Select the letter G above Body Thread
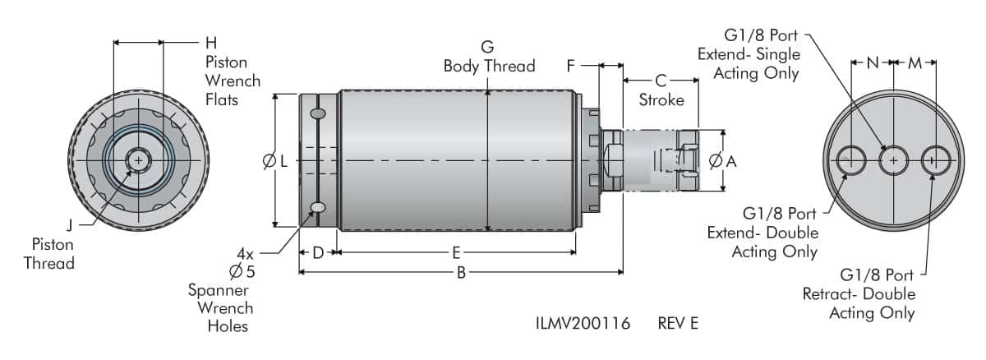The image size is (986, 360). pos(488,46)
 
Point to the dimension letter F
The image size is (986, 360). pos(572,66)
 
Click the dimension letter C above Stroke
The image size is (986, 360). pos(660,81)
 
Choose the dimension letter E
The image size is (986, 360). pos(456,252)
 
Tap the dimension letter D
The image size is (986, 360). pos(318,252)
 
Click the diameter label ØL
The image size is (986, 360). pos(275,162)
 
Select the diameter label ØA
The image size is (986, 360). pos(722,162)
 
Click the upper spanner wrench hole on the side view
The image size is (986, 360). pos(318,113)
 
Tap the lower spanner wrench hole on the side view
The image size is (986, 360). pos(318,207)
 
